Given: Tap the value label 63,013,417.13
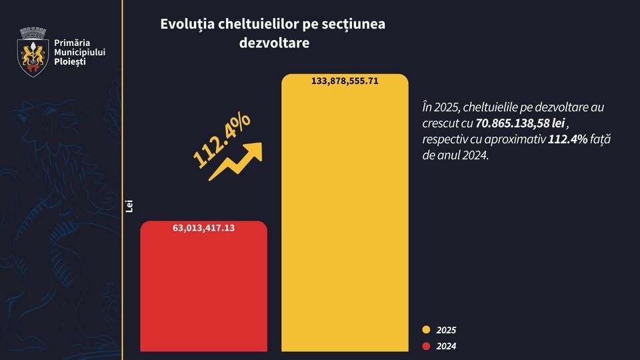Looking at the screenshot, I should tap(204, 228).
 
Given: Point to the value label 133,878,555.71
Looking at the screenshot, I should tap(345, 81).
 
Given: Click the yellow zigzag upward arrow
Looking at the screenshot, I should tap(235, 162).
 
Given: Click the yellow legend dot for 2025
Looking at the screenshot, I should tap(426, 329).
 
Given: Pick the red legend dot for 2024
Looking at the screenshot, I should tap(426, 345).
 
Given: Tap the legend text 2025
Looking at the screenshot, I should tap(446, 330).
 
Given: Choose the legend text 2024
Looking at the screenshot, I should tap(446, 346).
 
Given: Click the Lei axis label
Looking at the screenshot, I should tap(129, 206).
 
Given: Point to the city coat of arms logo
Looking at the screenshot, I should tap(32, 51).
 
